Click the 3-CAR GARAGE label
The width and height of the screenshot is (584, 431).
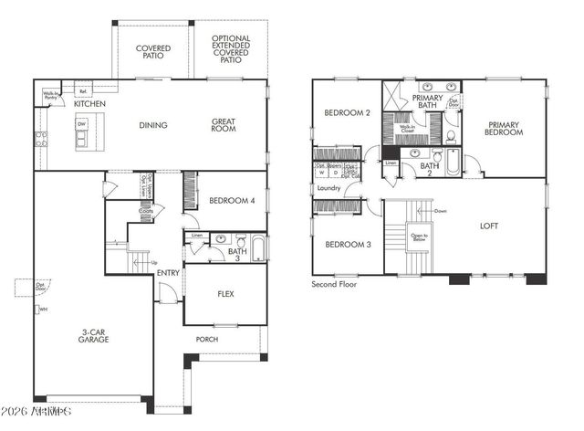[x=93, y=335]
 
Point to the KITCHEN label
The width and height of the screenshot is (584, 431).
[x=89, y=105]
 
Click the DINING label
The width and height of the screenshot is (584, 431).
[x=151, y=125]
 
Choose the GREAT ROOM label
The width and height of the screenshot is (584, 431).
[x=224, y=125]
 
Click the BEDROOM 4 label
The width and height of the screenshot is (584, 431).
[x=231, y=201]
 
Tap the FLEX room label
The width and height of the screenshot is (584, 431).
[x=225, y=295]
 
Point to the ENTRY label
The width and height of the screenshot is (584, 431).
[x=168, y=273]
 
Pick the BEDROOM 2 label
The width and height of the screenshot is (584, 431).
[x=346, y=113]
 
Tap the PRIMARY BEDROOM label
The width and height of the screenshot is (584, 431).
[x=505, y=129]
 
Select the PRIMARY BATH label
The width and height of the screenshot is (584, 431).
[x=427, y=101]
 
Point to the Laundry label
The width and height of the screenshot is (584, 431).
[x=328, y=188]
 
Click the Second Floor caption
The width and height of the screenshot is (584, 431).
[x=334, y=285]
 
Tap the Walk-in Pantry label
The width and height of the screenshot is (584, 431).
[x=50, y=96]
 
